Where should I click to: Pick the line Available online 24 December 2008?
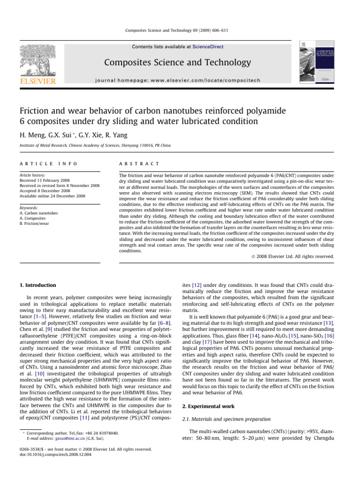52,196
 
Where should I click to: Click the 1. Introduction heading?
38,285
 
